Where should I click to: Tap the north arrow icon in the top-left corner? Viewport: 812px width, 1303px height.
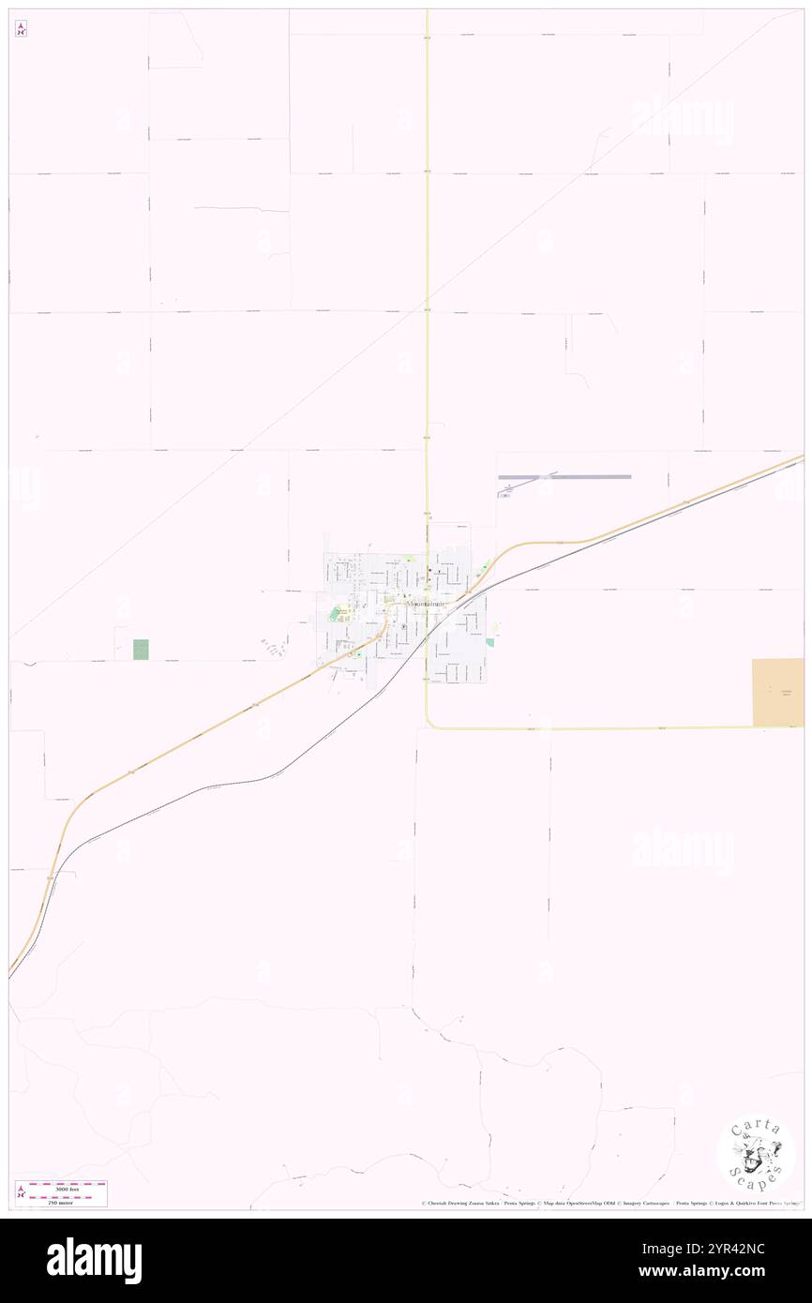tap(21, 29)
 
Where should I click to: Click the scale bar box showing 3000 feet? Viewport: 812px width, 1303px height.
tap(61, 1193)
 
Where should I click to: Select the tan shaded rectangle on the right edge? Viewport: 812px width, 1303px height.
tap(777, 692)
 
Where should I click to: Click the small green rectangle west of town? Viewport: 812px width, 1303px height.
tap(141, 648)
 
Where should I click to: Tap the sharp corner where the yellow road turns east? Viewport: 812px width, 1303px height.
tap(429, 725)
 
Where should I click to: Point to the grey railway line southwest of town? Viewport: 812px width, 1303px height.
tap(234, 783)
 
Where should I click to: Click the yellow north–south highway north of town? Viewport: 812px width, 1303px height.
tap(427, 281)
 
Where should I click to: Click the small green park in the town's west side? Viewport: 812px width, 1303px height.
tap(336, 612)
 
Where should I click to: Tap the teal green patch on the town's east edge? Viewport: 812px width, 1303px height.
tap(489, 642)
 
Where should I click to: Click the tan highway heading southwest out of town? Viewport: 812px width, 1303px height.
tap(188, 741)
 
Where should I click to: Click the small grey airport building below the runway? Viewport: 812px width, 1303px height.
tap(505, 495)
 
